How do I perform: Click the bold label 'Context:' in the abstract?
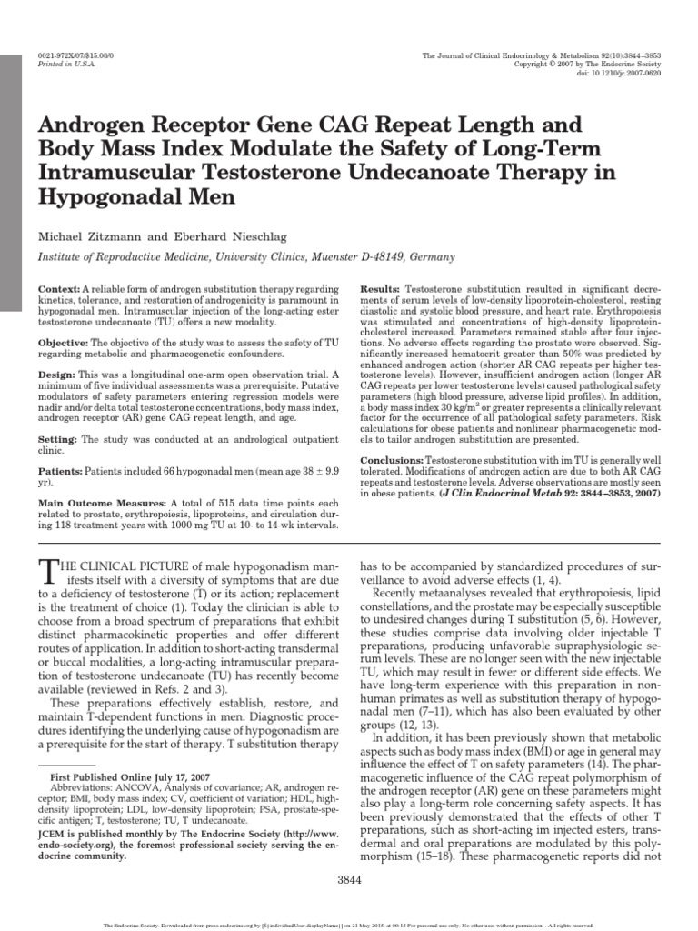[x=60, y=288]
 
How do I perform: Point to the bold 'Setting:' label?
[x=60, y=439]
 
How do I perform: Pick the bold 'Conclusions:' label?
[x=392, y=462]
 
